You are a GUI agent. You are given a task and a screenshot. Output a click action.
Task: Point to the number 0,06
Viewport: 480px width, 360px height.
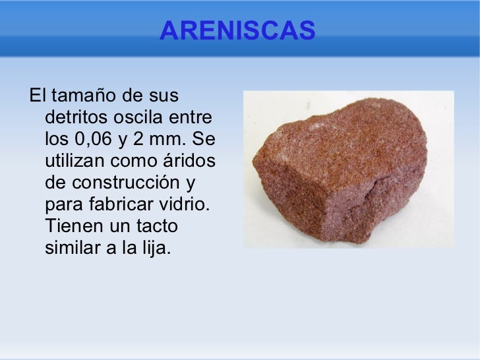coord(98,140)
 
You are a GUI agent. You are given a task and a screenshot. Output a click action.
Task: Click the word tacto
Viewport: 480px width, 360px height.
coord(156,227)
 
